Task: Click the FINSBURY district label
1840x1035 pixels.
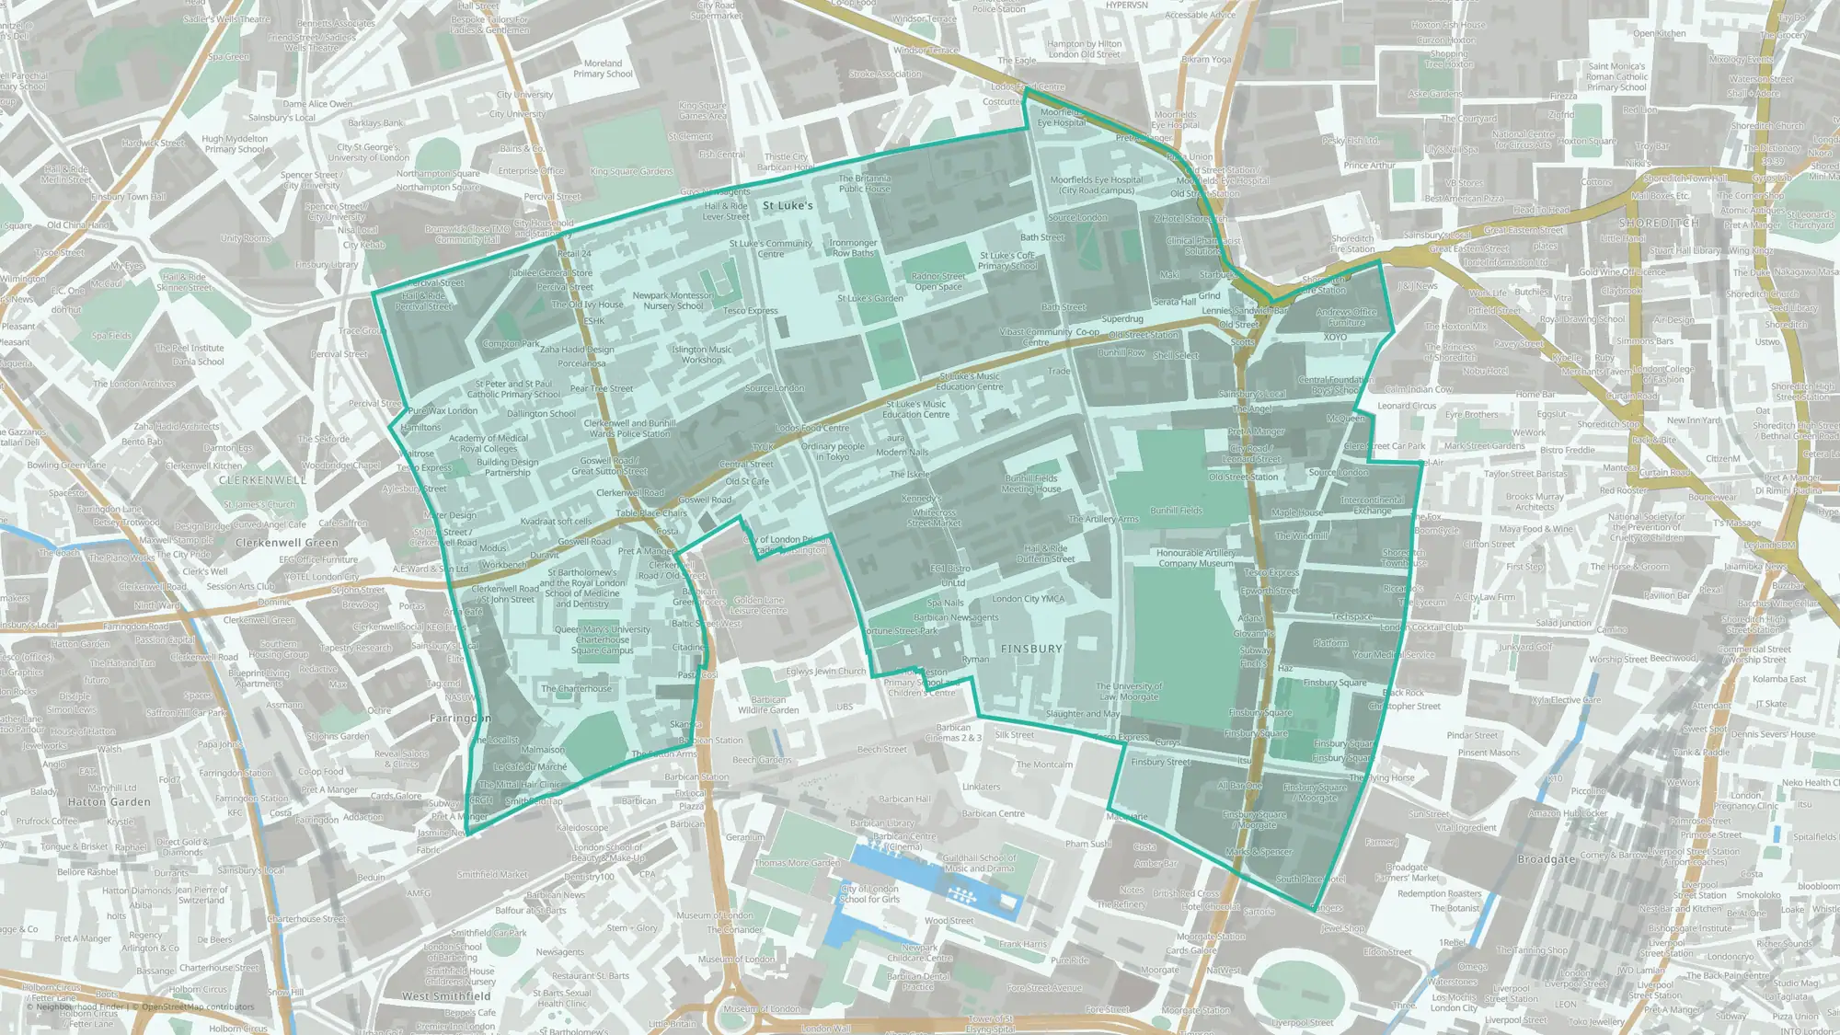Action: click(x=1031, y=649)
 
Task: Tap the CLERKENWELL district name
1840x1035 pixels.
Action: click(x=262, y=480)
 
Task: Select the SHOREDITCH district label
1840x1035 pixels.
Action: click(x=1659, y=224)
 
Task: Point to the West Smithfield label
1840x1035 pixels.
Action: click(x=446, y=995)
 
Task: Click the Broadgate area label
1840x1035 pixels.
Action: click(x=1546, y=859)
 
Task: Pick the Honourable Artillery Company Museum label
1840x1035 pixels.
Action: click(x=1196, y=558)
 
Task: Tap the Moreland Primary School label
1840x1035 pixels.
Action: click(x=603, y=69)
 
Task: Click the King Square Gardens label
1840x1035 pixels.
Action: click(x=631, y=171)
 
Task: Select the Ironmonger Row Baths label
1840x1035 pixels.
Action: click(x=855, y=248)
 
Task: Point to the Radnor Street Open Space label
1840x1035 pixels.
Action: click(x=938, y=282)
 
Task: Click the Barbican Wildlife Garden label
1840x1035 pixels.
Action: click(x=768, y=705)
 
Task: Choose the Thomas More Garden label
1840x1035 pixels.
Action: click(x=798, y=863)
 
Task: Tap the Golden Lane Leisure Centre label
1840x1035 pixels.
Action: click(x=759, y=605)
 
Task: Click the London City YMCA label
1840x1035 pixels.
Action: click(x=1028, y=599)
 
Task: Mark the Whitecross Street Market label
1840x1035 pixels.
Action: click(x=934, y=518)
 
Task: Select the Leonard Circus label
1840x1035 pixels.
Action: click(x=1407, y=406)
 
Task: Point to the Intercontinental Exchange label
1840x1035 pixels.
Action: click(x=1372, y=505)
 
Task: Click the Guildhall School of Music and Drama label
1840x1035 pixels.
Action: click(x=979, y=863)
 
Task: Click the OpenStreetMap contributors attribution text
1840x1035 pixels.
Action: click(x=197, y=1006)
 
